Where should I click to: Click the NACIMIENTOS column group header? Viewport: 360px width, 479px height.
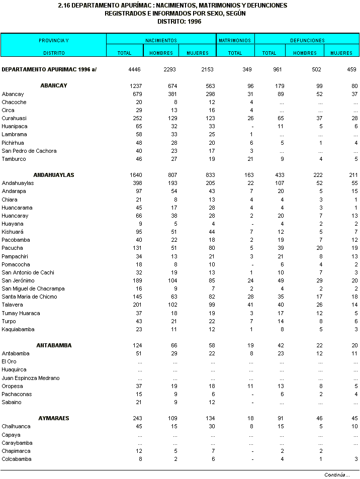coord(161,40)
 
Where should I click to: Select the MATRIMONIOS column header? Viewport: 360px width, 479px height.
coord(235,40)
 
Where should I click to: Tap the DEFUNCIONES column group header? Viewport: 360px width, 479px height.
coord(307,40)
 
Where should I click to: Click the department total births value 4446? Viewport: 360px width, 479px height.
coord(135,69)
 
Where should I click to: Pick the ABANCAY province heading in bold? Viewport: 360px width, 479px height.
coord(54,86)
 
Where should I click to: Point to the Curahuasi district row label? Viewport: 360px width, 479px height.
coord(14,118)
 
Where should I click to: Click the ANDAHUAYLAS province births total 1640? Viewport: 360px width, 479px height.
coord(135,175)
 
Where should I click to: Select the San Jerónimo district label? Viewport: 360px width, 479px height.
coord(18,280)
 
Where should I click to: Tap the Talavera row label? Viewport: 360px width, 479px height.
coord(12,305)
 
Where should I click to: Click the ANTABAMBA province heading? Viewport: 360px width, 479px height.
coord(54,345)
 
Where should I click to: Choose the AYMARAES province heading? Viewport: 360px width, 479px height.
coord(54,418)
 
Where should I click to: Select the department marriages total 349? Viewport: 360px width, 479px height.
coord(247,69)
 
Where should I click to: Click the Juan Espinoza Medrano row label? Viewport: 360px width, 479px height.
coord(31,378)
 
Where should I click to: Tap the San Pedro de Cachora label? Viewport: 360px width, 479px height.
coord(29,151)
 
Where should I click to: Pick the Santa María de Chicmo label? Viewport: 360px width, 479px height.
coord(29,297)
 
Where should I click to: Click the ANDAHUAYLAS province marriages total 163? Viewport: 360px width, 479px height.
coord(247,175)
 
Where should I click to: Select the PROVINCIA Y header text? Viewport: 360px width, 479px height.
coord(54,40)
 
